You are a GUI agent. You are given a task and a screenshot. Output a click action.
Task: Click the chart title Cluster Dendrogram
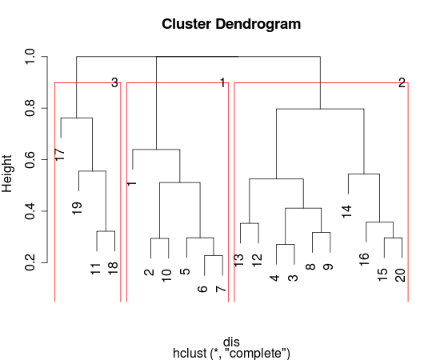click(231, 24)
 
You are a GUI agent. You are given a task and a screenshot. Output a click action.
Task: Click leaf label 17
click(60, 154)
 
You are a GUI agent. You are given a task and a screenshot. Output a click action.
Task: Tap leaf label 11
click(96, 268)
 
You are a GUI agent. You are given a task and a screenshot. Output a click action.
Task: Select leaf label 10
click(166, 276)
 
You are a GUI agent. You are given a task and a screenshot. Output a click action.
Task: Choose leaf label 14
click(347, 210)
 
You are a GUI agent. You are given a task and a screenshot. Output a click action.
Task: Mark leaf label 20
click(400, 274)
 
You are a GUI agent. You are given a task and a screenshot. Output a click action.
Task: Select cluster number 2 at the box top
click(402, 82)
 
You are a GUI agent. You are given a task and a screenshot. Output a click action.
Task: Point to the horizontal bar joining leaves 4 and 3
click(285, 245)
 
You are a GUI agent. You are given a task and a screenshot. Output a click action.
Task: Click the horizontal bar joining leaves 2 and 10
click(159, 238)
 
